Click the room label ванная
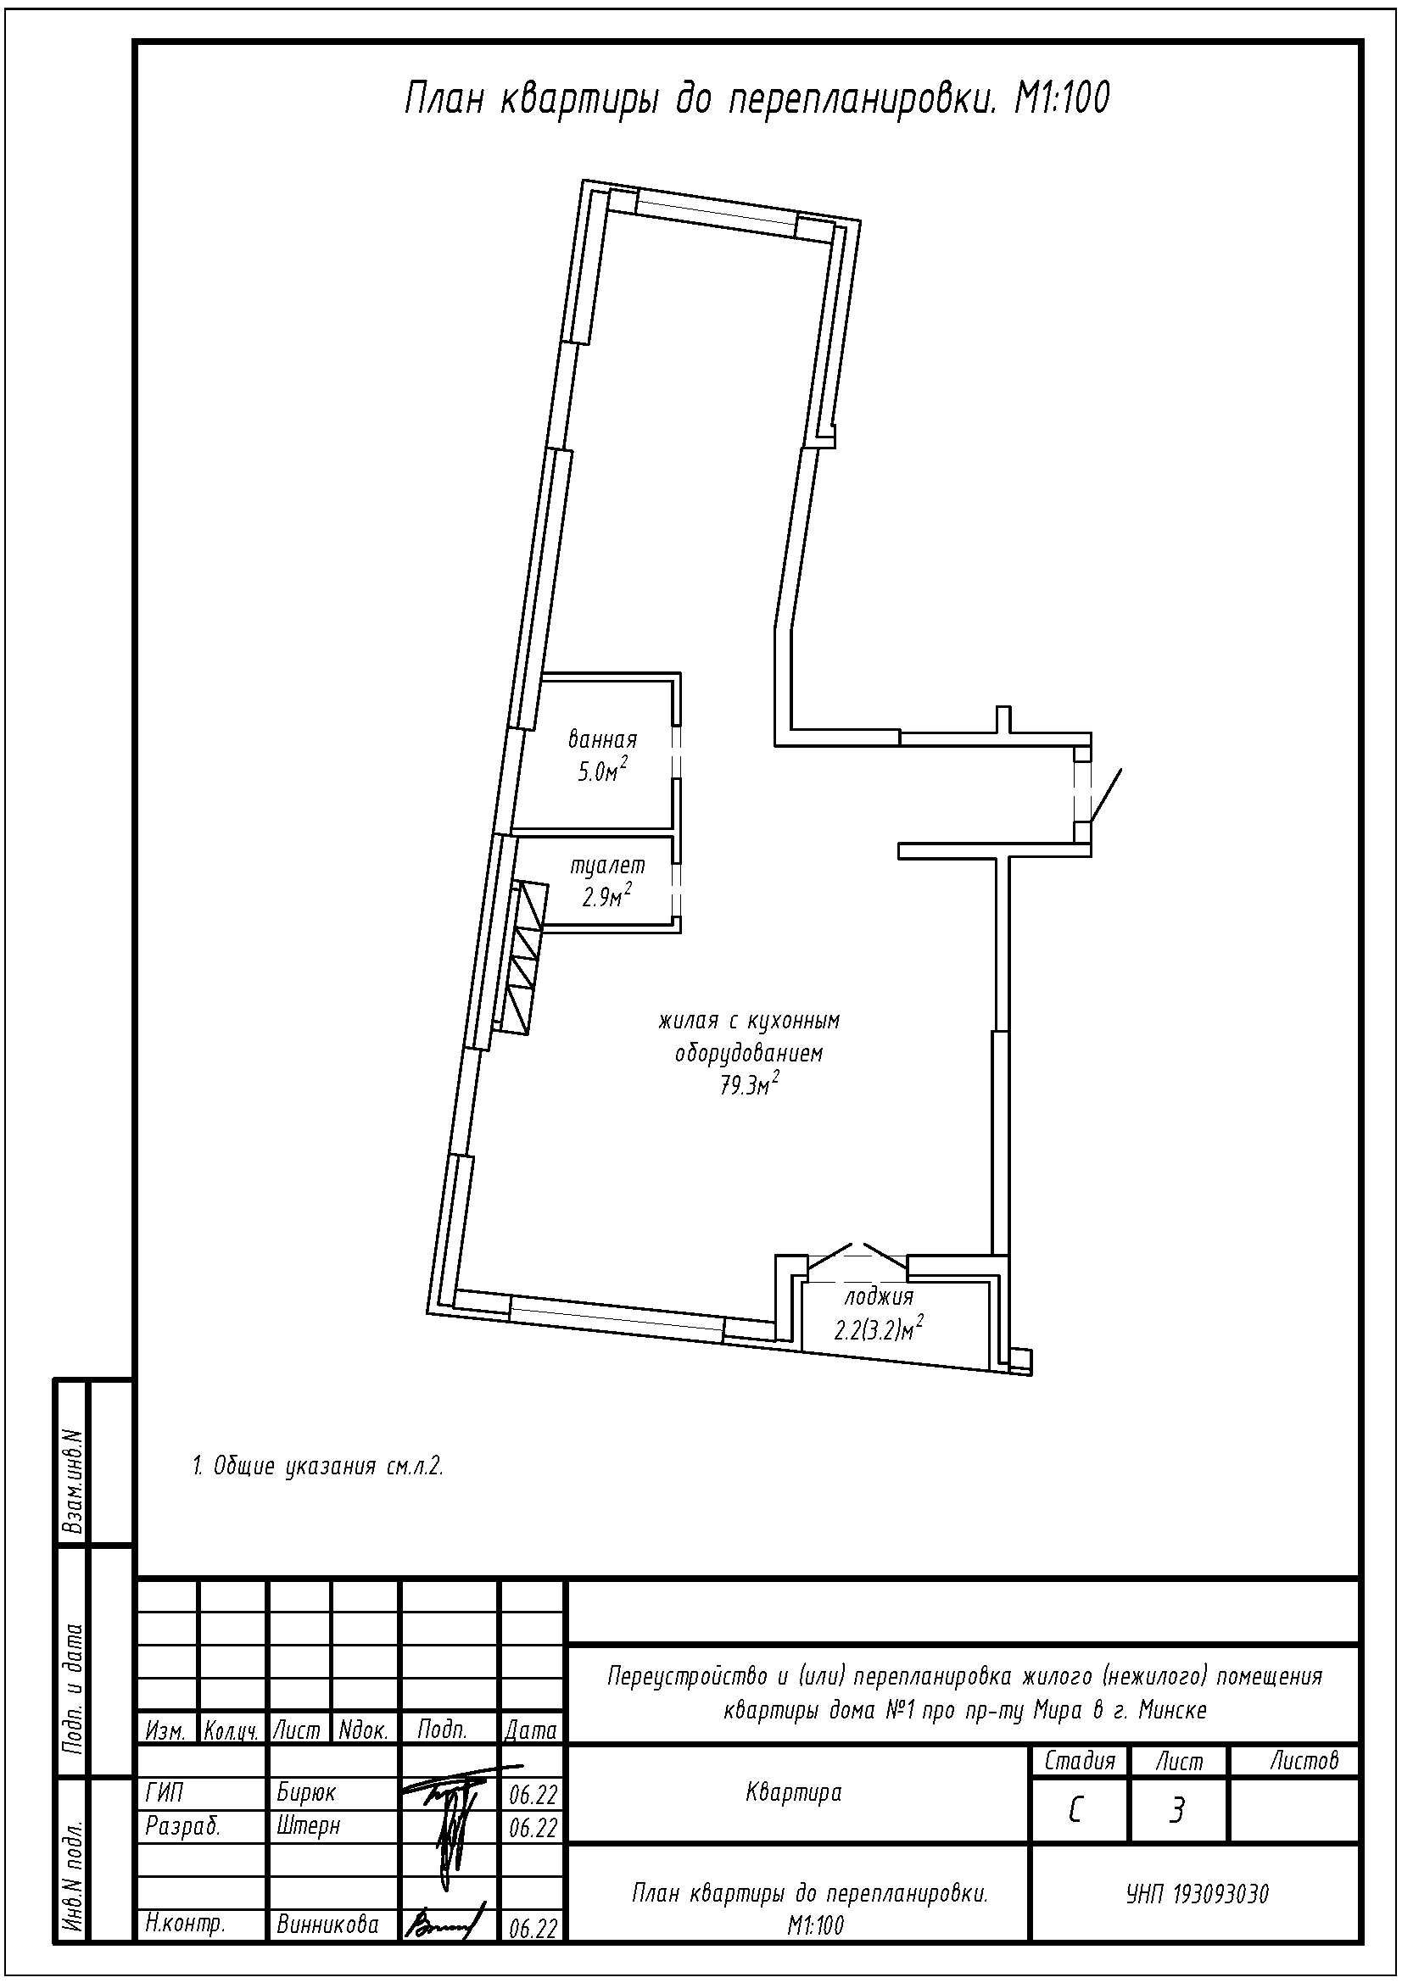point(602,739)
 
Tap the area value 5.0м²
point(602,771)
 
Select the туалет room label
point(607,865)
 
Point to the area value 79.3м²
point(750,1085)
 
